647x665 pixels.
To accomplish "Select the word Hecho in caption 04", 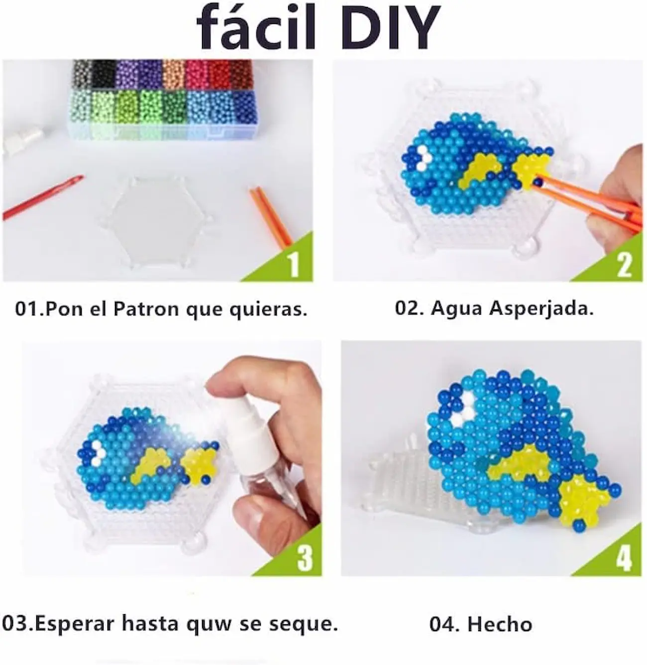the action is click(500, 624).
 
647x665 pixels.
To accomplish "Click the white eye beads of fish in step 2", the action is click(424, 158).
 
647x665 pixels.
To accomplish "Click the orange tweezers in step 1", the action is click(271, 215).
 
